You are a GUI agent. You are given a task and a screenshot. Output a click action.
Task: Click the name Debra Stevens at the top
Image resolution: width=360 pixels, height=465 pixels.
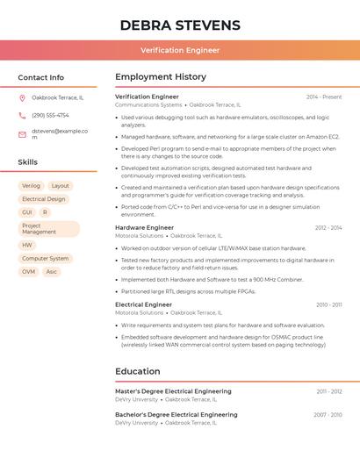point(179,25)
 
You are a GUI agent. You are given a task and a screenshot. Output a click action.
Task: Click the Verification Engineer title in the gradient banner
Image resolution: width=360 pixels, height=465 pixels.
point(180,50)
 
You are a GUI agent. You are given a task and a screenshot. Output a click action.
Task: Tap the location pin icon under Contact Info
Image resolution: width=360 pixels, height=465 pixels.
point(22,97)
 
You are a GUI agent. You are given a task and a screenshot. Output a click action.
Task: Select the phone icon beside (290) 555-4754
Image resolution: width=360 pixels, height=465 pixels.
point(22,115)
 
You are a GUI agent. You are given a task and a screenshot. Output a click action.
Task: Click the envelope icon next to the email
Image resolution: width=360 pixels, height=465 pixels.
point(22,134)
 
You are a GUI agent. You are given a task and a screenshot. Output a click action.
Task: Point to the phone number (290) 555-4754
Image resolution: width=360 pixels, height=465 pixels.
point(50,115)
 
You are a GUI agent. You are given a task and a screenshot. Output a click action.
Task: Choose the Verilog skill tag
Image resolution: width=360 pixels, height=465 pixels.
point(31,186)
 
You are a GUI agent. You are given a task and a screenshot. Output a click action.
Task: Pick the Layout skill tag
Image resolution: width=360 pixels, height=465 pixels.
point(60,186)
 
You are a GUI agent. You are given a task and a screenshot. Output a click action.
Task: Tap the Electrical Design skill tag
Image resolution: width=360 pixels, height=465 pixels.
point(44,199)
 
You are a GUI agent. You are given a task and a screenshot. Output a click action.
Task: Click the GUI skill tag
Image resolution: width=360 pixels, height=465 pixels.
point(27,212)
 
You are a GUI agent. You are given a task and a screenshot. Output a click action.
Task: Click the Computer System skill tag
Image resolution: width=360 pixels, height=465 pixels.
point(45,259)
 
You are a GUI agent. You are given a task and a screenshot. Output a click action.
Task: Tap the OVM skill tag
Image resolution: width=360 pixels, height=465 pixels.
point(29,272)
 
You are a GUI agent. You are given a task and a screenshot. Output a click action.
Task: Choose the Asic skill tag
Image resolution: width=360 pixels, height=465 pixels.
point(52,272)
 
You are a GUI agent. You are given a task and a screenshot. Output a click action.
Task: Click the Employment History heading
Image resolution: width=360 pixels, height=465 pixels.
point(161,77)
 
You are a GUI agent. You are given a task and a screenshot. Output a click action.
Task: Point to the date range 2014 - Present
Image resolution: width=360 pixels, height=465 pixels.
point(324,97)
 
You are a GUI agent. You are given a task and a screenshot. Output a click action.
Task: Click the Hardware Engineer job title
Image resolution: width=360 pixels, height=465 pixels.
point(144,228)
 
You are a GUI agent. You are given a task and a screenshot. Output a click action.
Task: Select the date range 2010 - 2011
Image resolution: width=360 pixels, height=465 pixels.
point(329,304)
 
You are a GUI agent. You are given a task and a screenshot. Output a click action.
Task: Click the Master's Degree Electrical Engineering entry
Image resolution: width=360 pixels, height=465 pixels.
point(173,391)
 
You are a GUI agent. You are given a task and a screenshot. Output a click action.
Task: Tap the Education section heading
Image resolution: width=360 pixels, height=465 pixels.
point(138,371)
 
